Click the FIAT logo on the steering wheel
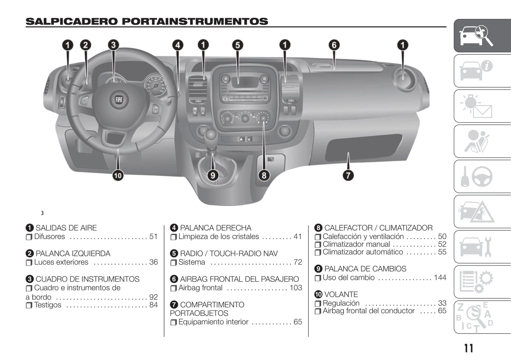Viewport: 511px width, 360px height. click(x=119, y=100)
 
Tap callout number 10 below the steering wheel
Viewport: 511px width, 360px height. click(x=118, y=175)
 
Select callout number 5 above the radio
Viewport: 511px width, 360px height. click(x=238, y=45)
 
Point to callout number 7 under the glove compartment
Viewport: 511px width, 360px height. click(x=348, y=175)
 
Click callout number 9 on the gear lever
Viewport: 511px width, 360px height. click(x=213, y=175)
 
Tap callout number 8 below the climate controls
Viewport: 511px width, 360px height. click(x=264, y=175)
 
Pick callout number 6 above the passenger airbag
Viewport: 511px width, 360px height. click(x=334, y=45)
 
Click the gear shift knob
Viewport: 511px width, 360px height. click(x=211, y=134)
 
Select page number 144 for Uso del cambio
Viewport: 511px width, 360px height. click(x=440, y=278)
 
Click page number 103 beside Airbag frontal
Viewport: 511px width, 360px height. click(x=296, y=288)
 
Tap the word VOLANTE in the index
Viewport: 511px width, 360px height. click(x=341, y=294)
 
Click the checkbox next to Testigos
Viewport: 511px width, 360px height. click(x=29, y=305)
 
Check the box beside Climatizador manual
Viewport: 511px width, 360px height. click(x=318, y=244)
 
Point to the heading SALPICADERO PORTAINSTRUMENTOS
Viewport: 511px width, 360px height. click(x=147, y=21)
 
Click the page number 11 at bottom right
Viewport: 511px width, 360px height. click(x=469, y=348)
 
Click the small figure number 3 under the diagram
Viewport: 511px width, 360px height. click(x=42, y=213)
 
